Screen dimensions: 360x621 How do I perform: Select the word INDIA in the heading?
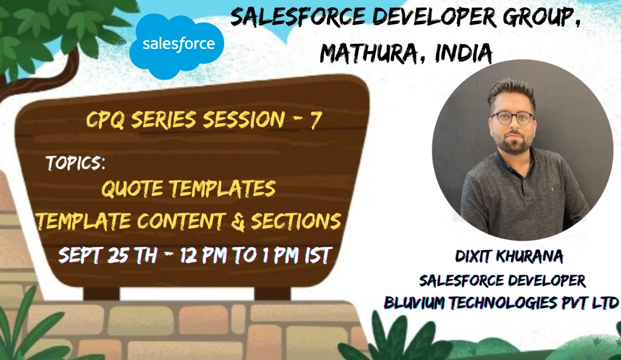(463, 53)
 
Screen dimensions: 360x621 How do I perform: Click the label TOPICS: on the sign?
(76, 163)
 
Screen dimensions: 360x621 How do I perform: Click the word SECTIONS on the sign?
(296, 221)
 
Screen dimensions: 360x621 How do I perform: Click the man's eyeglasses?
(511, 117)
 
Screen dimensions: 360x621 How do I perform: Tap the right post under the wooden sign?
(273, 293)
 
